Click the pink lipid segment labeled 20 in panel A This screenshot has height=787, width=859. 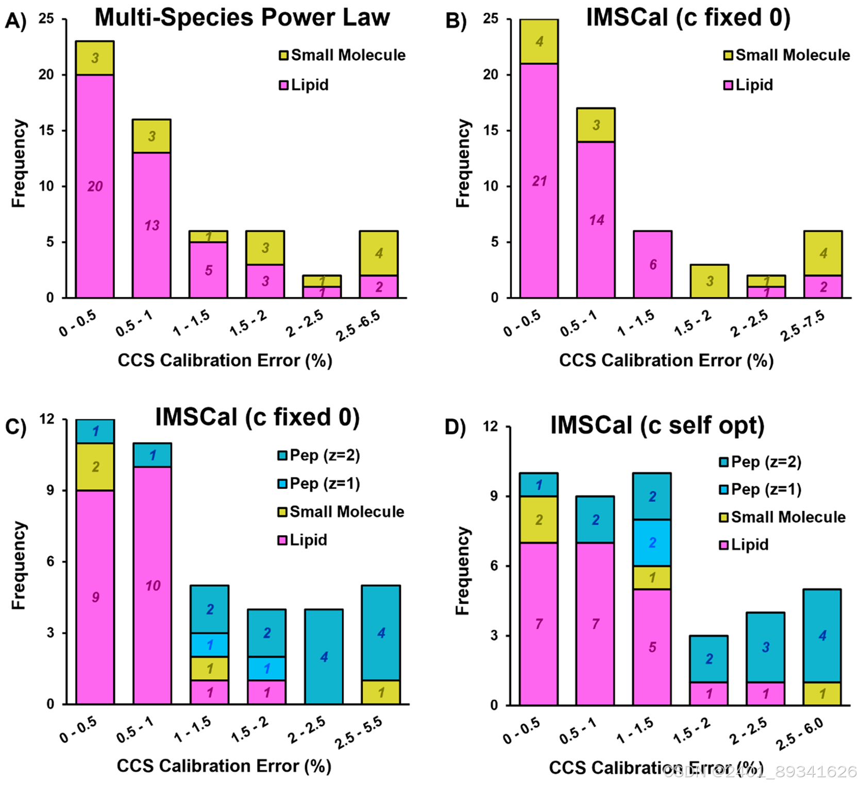pos(95,186)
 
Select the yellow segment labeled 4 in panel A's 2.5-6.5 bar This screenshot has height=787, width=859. pos(379,253)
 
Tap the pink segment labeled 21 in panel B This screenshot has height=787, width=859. pos(539,180)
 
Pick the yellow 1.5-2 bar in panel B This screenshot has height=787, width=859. pos(709,281)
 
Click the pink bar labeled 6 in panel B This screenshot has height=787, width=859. pos(652,264)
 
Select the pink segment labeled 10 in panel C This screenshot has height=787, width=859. pos(153,585)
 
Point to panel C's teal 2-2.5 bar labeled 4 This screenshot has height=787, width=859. pos(324,656)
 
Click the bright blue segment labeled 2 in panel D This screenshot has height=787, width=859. pos(652,543)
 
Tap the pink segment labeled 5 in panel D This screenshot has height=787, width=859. pos(652,647)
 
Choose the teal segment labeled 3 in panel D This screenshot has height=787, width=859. pos(766,647)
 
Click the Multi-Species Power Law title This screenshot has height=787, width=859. pos(242,18)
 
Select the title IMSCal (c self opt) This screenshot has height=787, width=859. pos(657,425)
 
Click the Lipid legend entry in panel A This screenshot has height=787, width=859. pos(304,85)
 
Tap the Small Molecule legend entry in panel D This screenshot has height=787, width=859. pos(783,517)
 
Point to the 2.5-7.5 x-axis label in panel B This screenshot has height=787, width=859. pos(803,326)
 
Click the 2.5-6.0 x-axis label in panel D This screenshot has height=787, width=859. pos(799,733)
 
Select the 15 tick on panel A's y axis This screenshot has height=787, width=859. pos(46,130)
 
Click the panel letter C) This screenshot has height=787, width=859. pos(15,427)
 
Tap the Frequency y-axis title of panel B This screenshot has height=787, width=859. pos(463,164)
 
